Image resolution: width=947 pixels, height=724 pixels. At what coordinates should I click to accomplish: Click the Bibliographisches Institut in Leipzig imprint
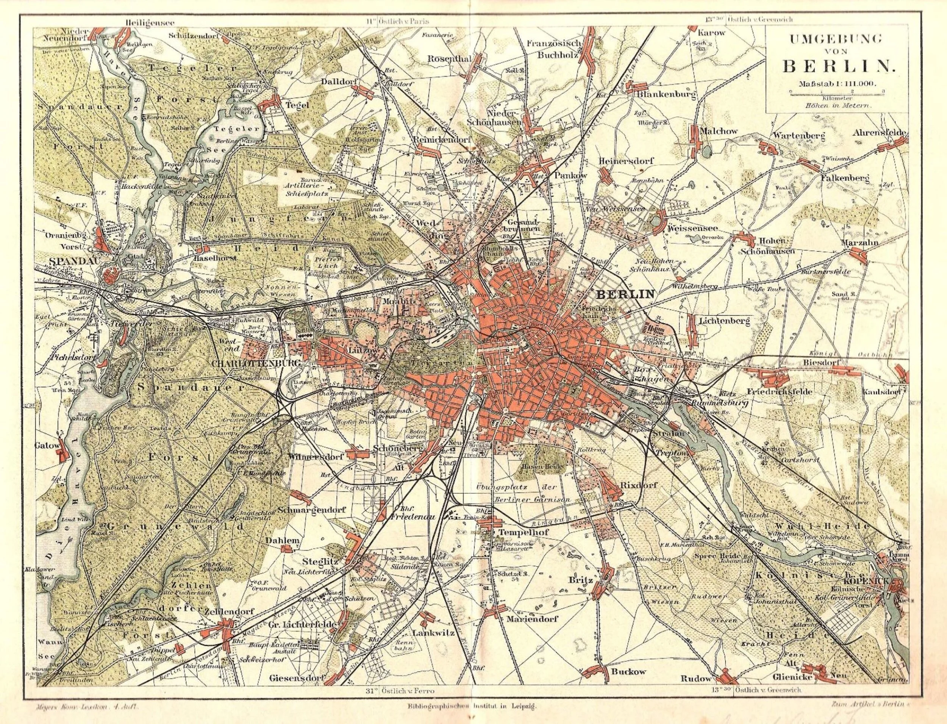coord(471,706)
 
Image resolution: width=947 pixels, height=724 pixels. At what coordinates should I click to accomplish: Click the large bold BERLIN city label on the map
coord(625,295)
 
